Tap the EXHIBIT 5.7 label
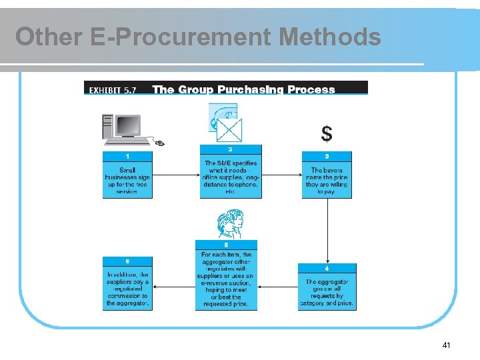pyautogui.click(x=111, y=89)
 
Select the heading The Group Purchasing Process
pyautogui.click(x=243, y=89)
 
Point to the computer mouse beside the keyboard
pyautogui.click(x=159, y=142)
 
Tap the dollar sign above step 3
pyautogui.click(x=327, y=134)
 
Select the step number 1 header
pyautogui.click(x=127, y=156)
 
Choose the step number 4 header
pyautogui.click(x=327, y=268)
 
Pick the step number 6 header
pyautogui.click(x=127, y=261)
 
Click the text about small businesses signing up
pyautogui.click(x=127, y=180)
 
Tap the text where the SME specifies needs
pyautogui.click(x=231, y=177)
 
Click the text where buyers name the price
pyautogui.click(x=327, y=180)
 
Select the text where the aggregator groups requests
pyautogui.click(x=327, y=292)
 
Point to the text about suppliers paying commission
pyautogui.click(x=127, y=289)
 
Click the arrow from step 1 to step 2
pyautogui.click(x=176, y=175)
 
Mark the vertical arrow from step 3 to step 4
pyautogui.click(x=327, y=230)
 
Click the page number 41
pyautogui.click(x=446, y=345)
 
